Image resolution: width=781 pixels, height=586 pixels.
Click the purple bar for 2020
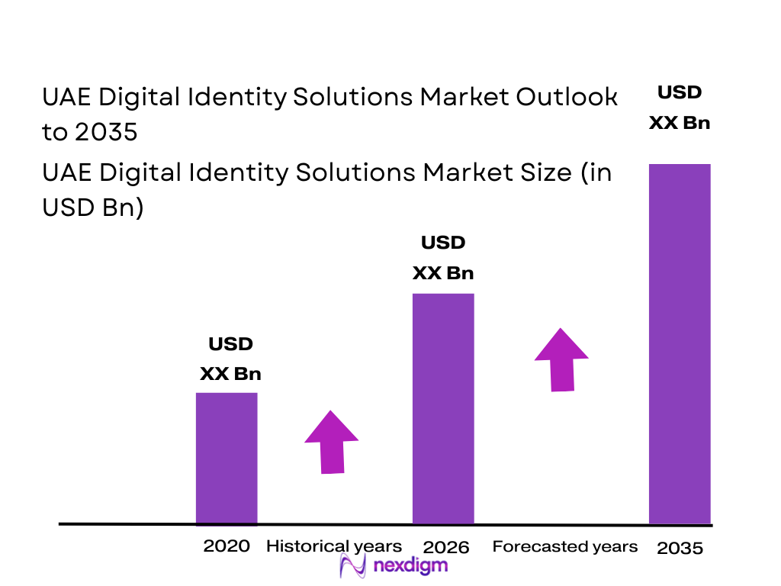click(x=227, y=458)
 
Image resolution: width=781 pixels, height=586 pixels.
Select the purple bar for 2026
click(x=443, y=408)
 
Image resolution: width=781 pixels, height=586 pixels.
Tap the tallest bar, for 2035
click(x=680, y=343)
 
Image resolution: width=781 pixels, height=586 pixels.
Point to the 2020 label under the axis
click(x=227, y=546)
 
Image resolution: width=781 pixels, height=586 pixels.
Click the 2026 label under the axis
click(x=446, y=547)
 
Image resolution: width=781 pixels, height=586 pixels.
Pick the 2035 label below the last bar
click(x=680, y=548)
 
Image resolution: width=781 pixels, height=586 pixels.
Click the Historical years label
click(x=333, y=546)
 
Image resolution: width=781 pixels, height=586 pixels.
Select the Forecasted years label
click(x=564, y=546)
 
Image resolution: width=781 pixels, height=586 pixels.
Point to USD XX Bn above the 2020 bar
click(x=230, y=359)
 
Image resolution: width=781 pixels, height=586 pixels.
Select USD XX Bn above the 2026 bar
click(x=443, y=258)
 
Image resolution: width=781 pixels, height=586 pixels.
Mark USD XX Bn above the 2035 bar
click(x=680, y=108)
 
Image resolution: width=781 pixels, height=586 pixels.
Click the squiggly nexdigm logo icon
click(x=353, y=565)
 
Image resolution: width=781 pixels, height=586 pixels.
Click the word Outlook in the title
click(x=567, y=97)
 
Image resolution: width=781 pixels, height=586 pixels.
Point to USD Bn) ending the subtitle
click(x=92, y=208)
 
